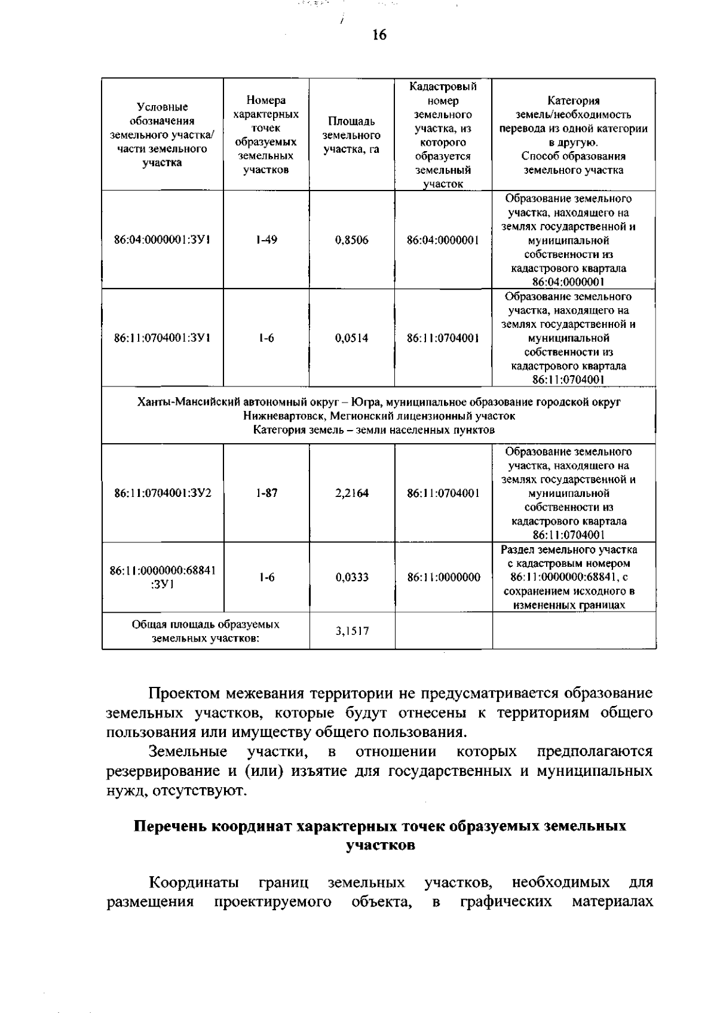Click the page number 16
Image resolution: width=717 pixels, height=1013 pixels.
click(379, 35)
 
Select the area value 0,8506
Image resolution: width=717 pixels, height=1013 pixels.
click(352, 240)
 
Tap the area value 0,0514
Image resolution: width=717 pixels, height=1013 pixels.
click(352, 338)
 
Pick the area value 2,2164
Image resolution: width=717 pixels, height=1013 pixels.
click(352, 493)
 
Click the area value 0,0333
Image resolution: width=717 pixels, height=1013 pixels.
click(352, 578)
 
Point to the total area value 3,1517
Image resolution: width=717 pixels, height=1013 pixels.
click(352, 631)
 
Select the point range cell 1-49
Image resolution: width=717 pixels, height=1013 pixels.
click(266, 240)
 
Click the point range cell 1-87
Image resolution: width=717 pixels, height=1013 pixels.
click(266, 493)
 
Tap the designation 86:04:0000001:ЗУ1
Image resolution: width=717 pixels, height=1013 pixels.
click(162, 240)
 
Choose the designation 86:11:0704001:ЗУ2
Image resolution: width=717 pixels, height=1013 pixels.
click(162, 493)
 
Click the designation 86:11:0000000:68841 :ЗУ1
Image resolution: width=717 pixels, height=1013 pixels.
click(162, 578)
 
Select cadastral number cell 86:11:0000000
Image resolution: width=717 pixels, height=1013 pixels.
click(443, 578)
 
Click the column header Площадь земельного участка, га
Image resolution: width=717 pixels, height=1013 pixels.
click(352, 136)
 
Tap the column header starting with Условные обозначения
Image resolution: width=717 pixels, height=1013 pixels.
click(162, 135)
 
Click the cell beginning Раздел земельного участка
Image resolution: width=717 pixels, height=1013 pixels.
click(569, 577)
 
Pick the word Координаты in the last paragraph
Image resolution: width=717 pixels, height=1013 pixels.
click(194, 882)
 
